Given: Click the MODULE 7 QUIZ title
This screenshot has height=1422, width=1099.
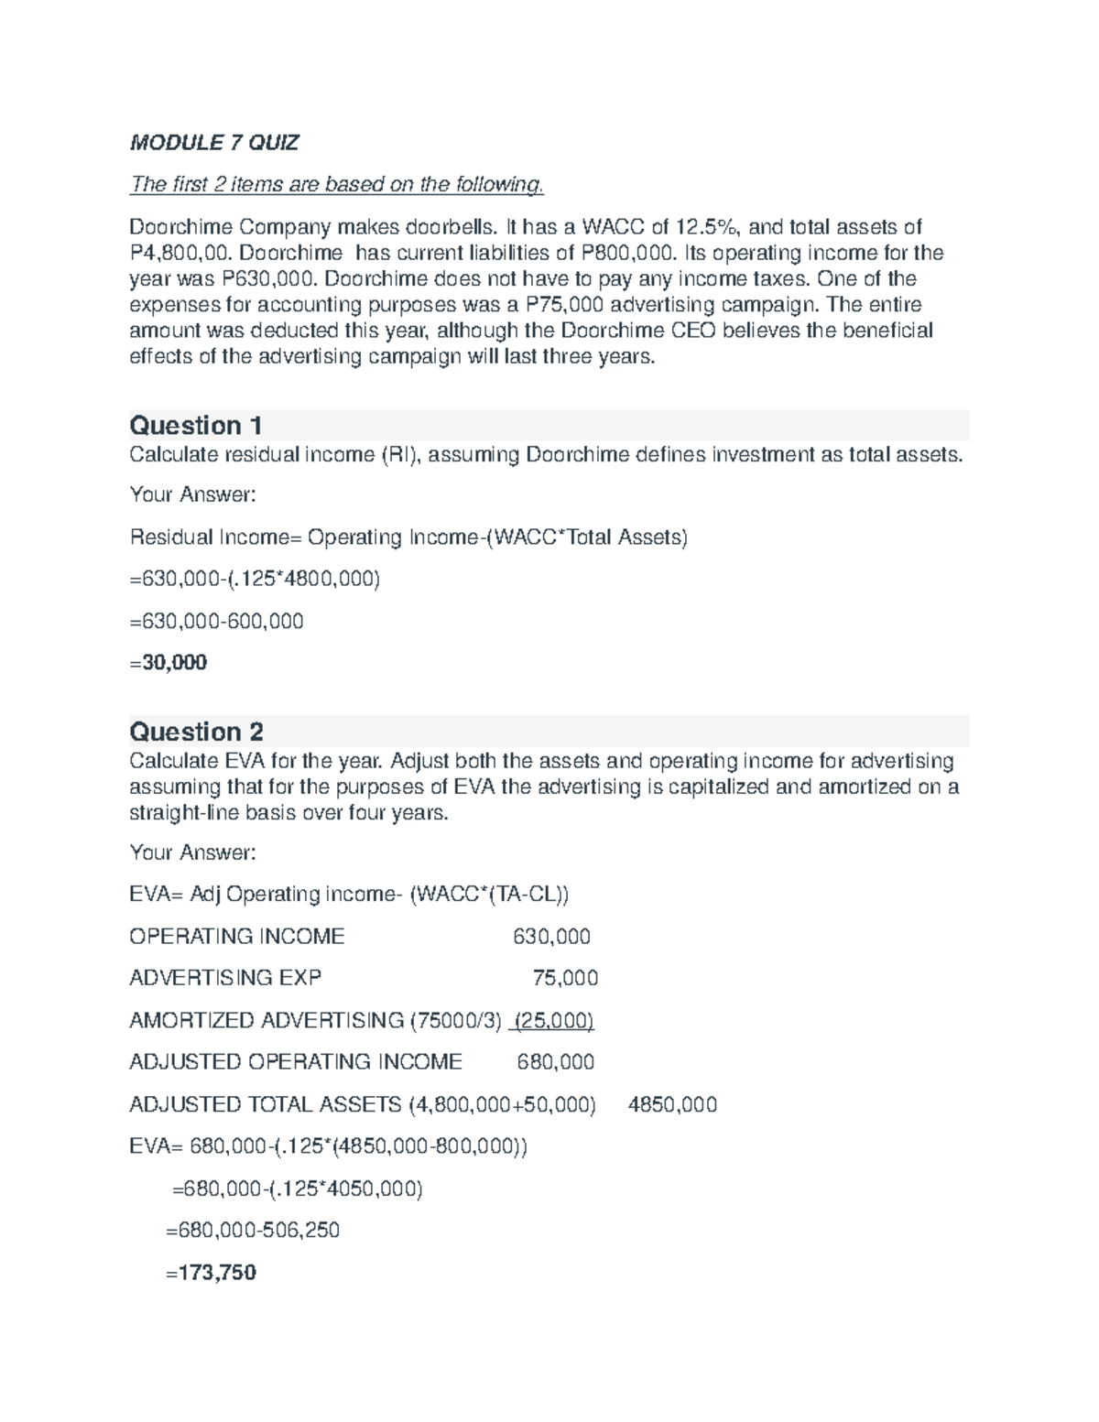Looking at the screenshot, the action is (214, 143).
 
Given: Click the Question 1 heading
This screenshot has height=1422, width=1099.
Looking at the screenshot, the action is (196, 426).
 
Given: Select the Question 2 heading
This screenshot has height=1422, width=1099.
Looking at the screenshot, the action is (197, 732).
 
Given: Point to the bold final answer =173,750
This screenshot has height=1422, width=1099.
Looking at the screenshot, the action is (211, 1272).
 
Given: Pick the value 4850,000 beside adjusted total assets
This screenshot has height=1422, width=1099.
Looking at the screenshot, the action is (672, 1104).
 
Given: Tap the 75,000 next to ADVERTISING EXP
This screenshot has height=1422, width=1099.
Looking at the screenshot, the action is (565, 978).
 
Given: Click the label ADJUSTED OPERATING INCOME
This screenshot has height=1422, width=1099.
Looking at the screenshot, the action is (296, 1062).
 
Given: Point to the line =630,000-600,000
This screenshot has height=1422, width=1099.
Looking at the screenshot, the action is (217, 621).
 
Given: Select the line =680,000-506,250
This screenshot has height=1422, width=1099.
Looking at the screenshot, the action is (252, 1230).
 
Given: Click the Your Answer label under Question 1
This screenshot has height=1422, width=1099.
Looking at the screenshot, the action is (193, 494).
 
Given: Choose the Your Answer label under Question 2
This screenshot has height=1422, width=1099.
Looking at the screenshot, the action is (193, 852).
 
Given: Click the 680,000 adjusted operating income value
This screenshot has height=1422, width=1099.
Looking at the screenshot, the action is (555, 1062).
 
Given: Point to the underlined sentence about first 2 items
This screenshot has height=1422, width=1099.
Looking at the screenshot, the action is (337, 185).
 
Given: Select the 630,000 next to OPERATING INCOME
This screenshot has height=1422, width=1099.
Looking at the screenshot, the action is (551, 937).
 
